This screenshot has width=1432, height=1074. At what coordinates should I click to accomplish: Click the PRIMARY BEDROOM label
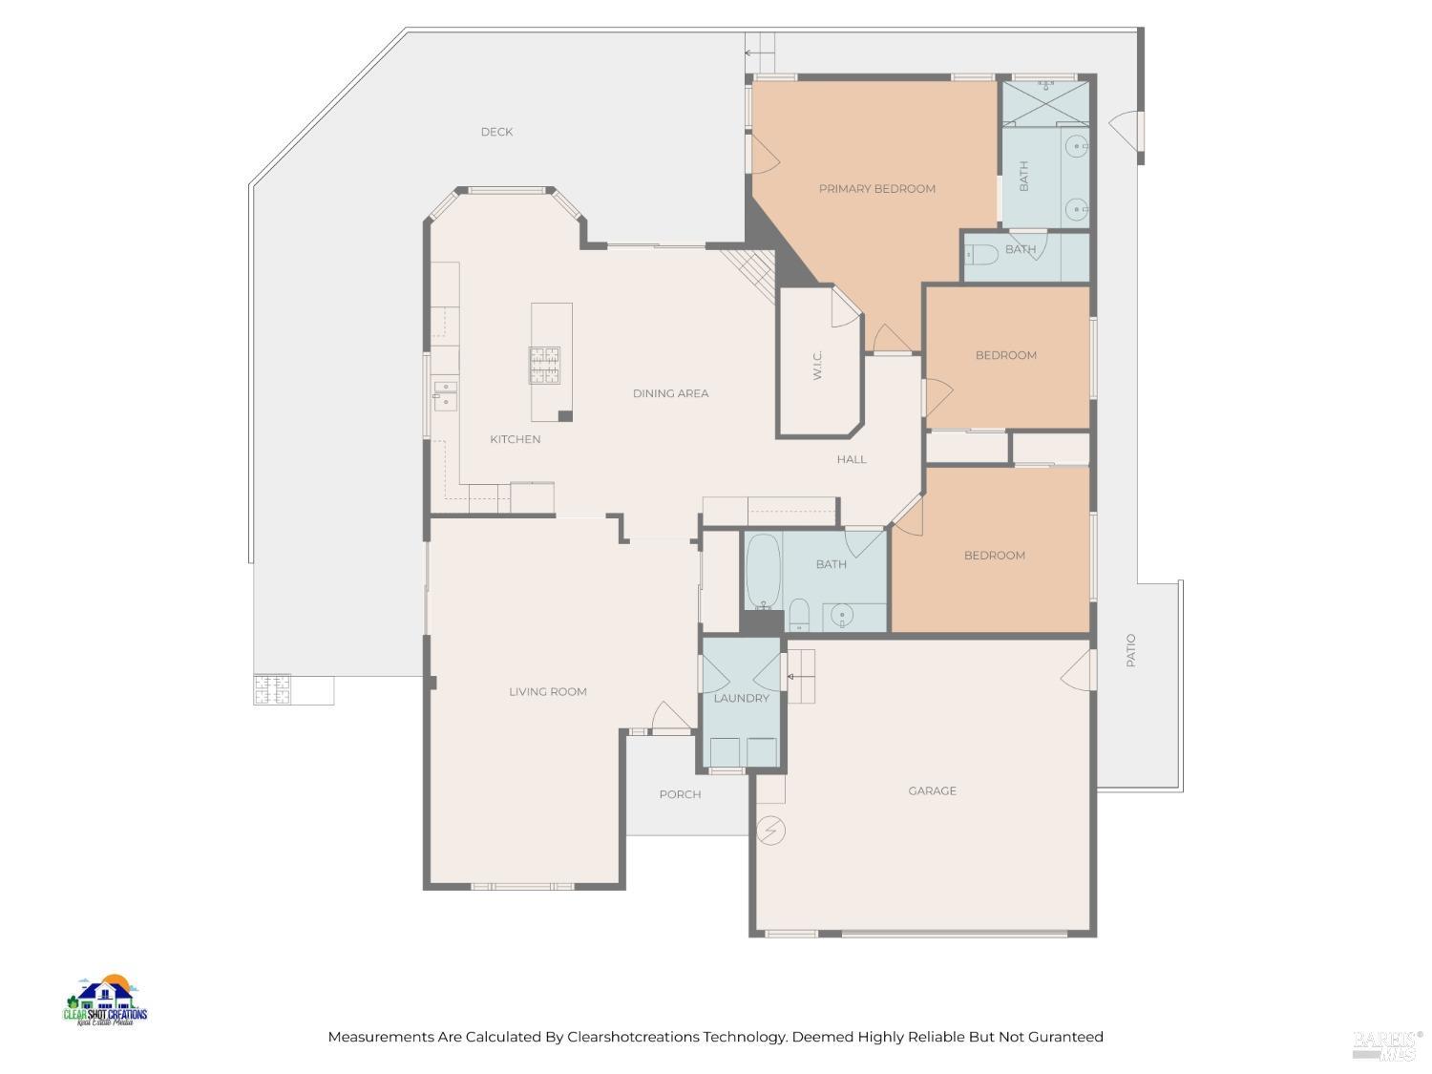pos(876,189)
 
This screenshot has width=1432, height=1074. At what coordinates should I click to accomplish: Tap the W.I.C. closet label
pos(818,366)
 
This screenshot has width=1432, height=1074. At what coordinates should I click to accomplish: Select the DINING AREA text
pos(670,393)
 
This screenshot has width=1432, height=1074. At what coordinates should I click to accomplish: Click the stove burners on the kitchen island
pos(545,365)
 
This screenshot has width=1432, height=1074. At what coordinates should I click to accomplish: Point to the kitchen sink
pos(445,395)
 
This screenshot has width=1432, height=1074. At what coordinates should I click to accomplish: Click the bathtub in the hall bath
pos(762,571)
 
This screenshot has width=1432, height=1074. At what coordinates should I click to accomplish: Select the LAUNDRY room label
pos(741,698)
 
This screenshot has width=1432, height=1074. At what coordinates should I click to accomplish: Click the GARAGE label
pos(932,790)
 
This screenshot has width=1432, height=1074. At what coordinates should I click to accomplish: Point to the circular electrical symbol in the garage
pos(770,831)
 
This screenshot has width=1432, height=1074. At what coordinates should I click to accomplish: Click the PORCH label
pos(680,794)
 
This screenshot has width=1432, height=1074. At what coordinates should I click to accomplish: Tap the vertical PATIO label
pos(1131,650)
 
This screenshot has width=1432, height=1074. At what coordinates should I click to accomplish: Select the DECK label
pos(496,132)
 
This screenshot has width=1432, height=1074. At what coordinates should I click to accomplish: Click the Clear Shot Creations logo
pos(105,1001)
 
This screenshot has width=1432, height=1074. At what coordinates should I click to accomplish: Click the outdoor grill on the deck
pos(271,689)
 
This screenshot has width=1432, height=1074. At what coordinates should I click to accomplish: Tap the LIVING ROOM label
pos(547,692)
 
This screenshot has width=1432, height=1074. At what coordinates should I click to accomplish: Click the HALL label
pos(852,459)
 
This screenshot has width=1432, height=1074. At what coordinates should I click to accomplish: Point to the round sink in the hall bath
pos(840,615)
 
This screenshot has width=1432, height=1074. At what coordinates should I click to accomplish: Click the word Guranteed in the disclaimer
pos(1064,1037)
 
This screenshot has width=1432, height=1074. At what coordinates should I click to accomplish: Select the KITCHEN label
pos(515,439)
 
